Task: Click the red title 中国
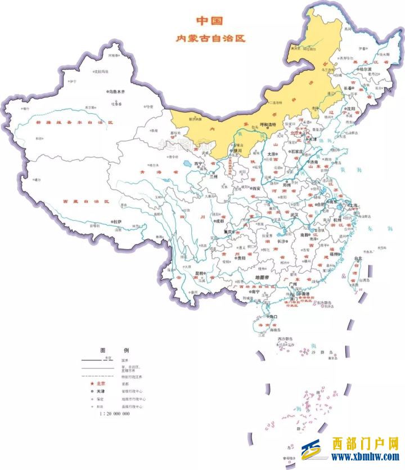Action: coord(209,21)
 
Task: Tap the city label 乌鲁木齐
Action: coord(116,91)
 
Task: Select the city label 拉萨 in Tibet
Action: coord(117,222)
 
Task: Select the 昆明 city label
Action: coord(199,273)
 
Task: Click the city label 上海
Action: coord(355,205)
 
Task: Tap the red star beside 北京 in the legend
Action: coord(91,384)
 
